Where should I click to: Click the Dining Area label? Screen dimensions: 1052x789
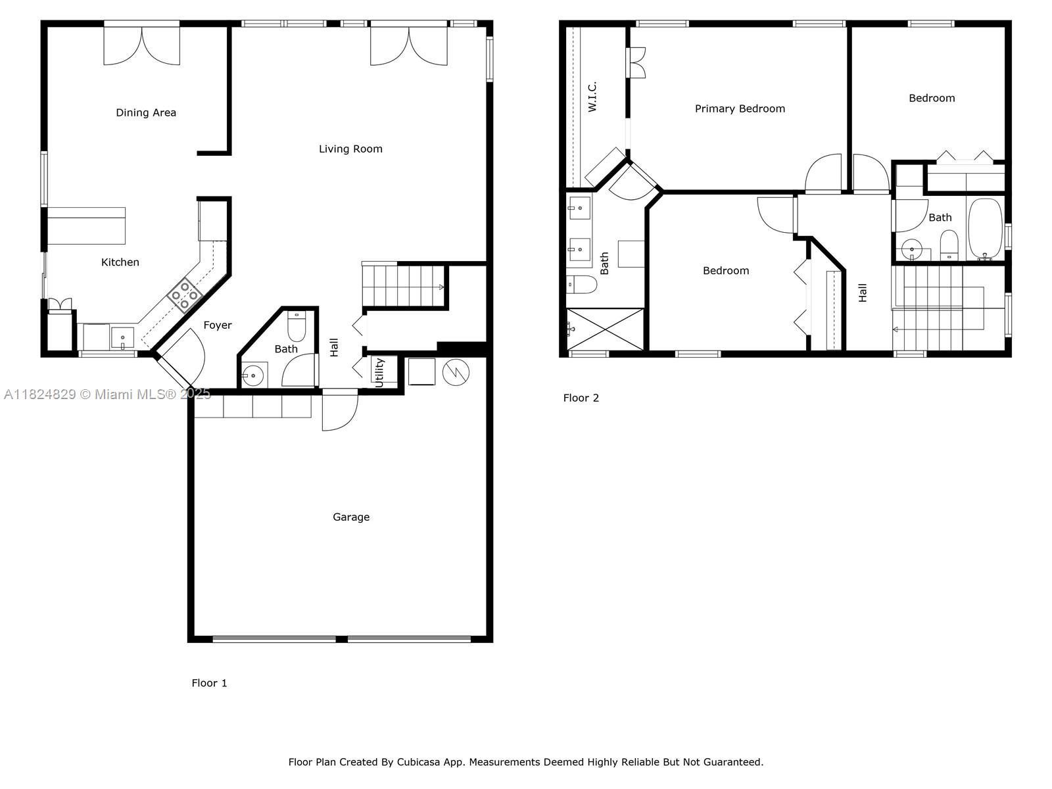146,112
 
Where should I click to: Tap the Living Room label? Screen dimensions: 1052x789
350,149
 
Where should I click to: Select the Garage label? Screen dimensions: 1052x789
351,517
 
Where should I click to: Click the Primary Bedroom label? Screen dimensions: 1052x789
740,108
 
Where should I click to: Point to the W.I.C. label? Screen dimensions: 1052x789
592,96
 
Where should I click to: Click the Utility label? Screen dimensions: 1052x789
379,373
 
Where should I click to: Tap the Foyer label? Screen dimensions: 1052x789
217,325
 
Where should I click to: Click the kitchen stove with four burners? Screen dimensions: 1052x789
185,295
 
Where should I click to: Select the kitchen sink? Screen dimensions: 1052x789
122,338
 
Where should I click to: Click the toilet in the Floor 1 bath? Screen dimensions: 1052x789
296,325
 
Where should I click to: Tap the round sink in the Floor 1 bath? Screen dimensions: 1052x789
252,375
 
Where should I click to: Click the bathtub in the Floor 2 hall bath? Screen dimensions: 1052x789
985,229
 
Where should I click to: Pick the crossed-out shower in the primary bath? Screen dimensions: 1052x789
606,329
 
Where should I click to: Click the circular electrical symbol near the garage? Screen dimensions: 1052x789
455,372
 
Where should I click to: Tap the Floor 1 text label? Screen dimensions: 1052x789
209,683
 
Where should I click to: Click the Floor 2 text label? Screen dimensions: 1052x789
581,398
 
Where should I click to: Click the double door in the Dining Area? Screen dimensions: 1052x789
142,45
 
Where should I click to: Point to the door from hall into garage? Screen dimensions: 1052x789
340,410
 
